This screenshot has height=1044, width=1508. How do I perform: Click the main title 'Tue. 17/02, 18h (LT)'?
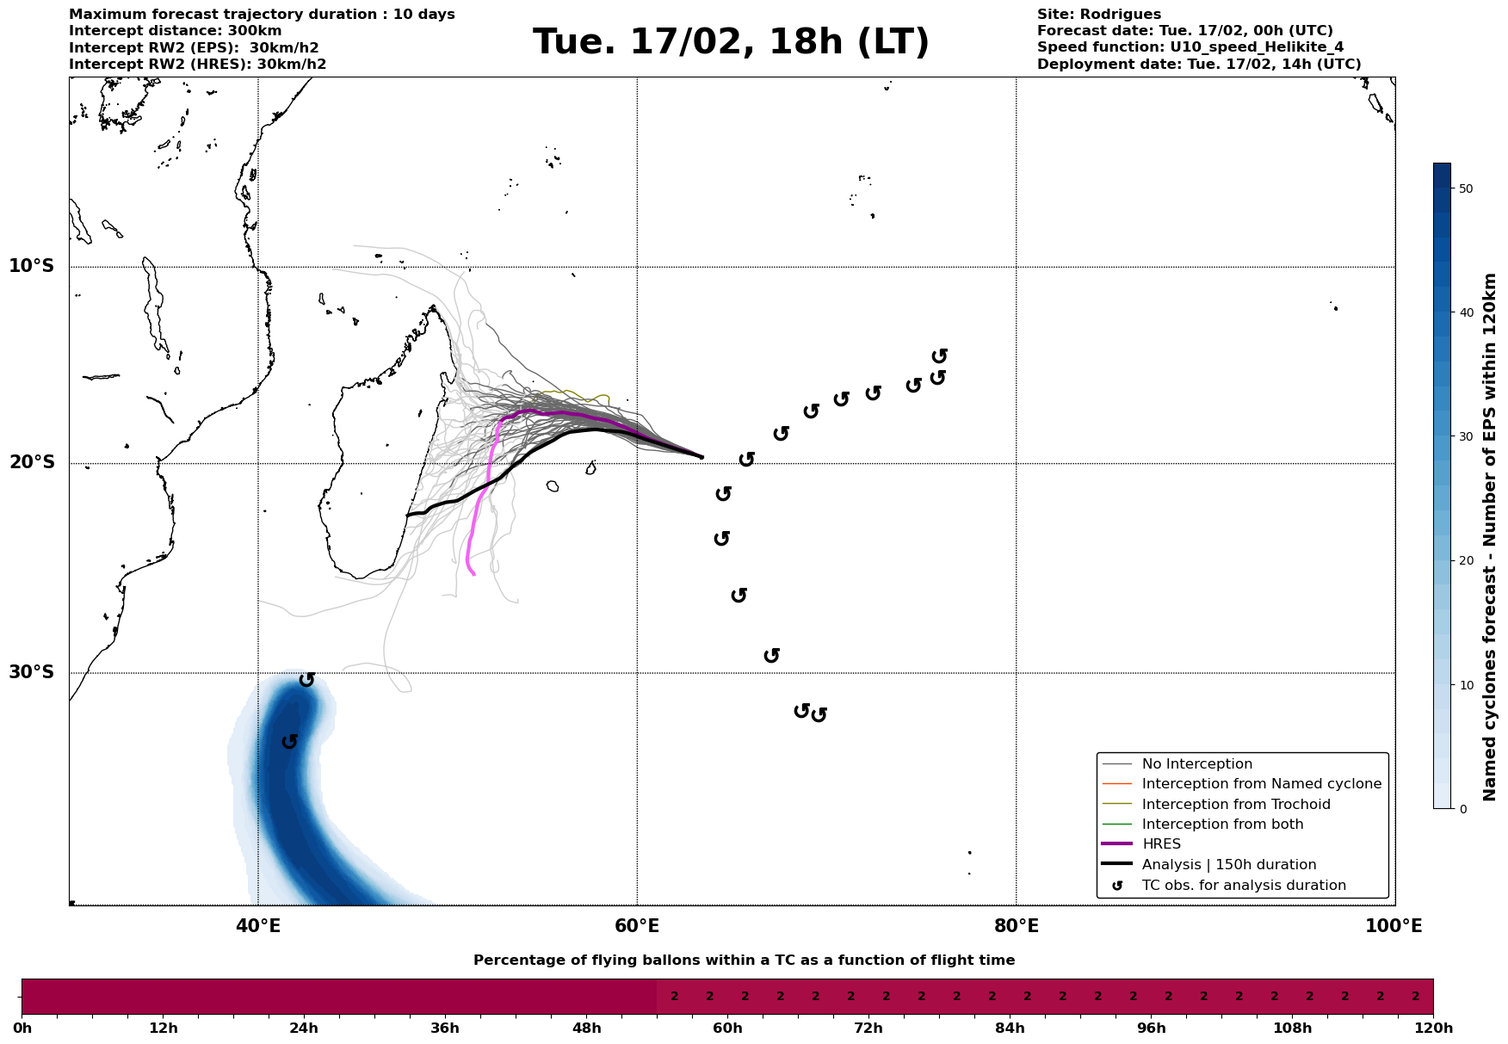pyautogui.click(x=731, y=42)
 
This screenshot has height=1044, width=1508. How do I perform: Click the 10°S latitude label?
pyautogui.click(x=32, y=266)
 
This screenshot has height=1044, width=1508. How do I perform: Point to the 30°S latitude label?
pyautogui.click(x=32, y=672)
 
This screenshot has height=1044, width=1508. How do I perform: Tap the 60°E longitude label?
pyautogui.click(x=637, y=926)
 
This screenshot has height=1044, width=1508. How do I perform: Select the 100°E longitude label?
pyautogui.click(x=1394, y=926)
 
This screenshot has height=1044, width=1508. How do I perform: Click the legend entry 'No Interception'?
pyautogui.click(x=1196, y=764)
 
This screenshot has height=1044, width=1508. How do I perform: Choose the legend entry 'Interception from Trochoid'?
pyautogui.click(x=1235, y=805)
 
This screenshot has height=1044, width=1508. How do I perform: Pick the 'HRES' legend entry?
pyautogui.click(x=1161, y=844)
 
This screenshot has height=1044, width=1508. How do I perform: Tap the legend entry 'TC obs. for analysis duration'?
pyautogui.click(x=1243, y=886)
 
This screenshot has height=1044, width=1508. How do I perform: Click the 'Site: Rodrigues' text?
pyautogui.click(x=1098, y=15)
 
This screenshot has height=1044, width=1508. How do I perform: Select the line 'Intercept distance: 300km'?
pyautogui.click(x=175, y=31)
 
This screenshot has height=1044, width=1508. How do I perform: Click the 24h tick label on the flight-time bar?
pyautogui.click(x=303, y=1029)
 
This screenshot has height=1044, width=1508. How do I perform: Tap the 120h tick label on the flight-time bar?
pyautogui.click(x=1432, y=1029)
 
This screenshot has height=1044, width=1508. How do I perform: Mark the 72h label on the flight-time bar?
pyautogui.click(x=868, y=1029)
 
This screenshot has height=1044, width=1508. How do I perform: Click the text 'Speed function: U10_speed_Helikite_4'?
pyautogui.click(x=1190, y=47)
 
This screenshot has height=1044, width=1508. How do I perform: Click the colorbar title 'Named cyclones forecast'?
pyautogui.click(x=1490, y=537)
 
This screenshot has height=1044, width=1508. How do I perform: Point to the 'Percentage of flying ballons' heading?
pyautogui.click(x=744, y=961)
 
